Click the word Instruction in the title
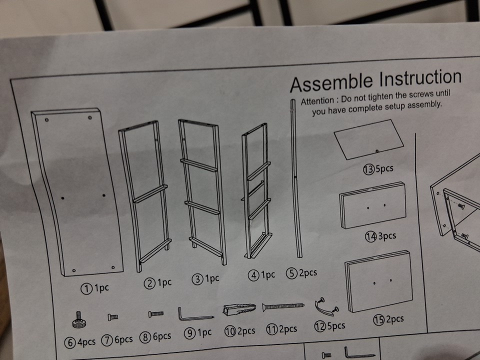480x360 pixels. (x=420, y=78)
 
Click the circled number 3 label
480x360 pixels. (x=197, y=279)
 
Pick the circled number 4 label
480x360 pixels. (x=254, y=275)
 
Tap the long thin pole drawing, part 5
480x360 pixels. (x=296, y=178)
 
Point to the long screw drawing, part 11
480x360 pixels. (x=283, y=306)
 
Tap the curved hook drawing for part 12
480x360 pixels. (x=326, y=307)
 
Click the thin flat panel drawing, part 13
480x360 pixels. (x=369, y=139)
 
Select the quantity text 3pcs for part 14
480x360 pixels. (x=387, y=235)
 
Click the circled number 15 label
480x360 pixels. (x=378, y=320)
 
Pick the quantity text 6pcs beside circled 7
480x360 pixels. (x=123, y=339)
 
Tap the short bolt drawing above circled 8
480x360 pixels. (x=156, y=314)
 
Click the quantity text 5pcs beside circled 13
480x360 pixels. (x=384, y=168)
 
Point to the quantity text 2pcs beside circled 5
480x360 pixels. (x=307, y=272)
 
